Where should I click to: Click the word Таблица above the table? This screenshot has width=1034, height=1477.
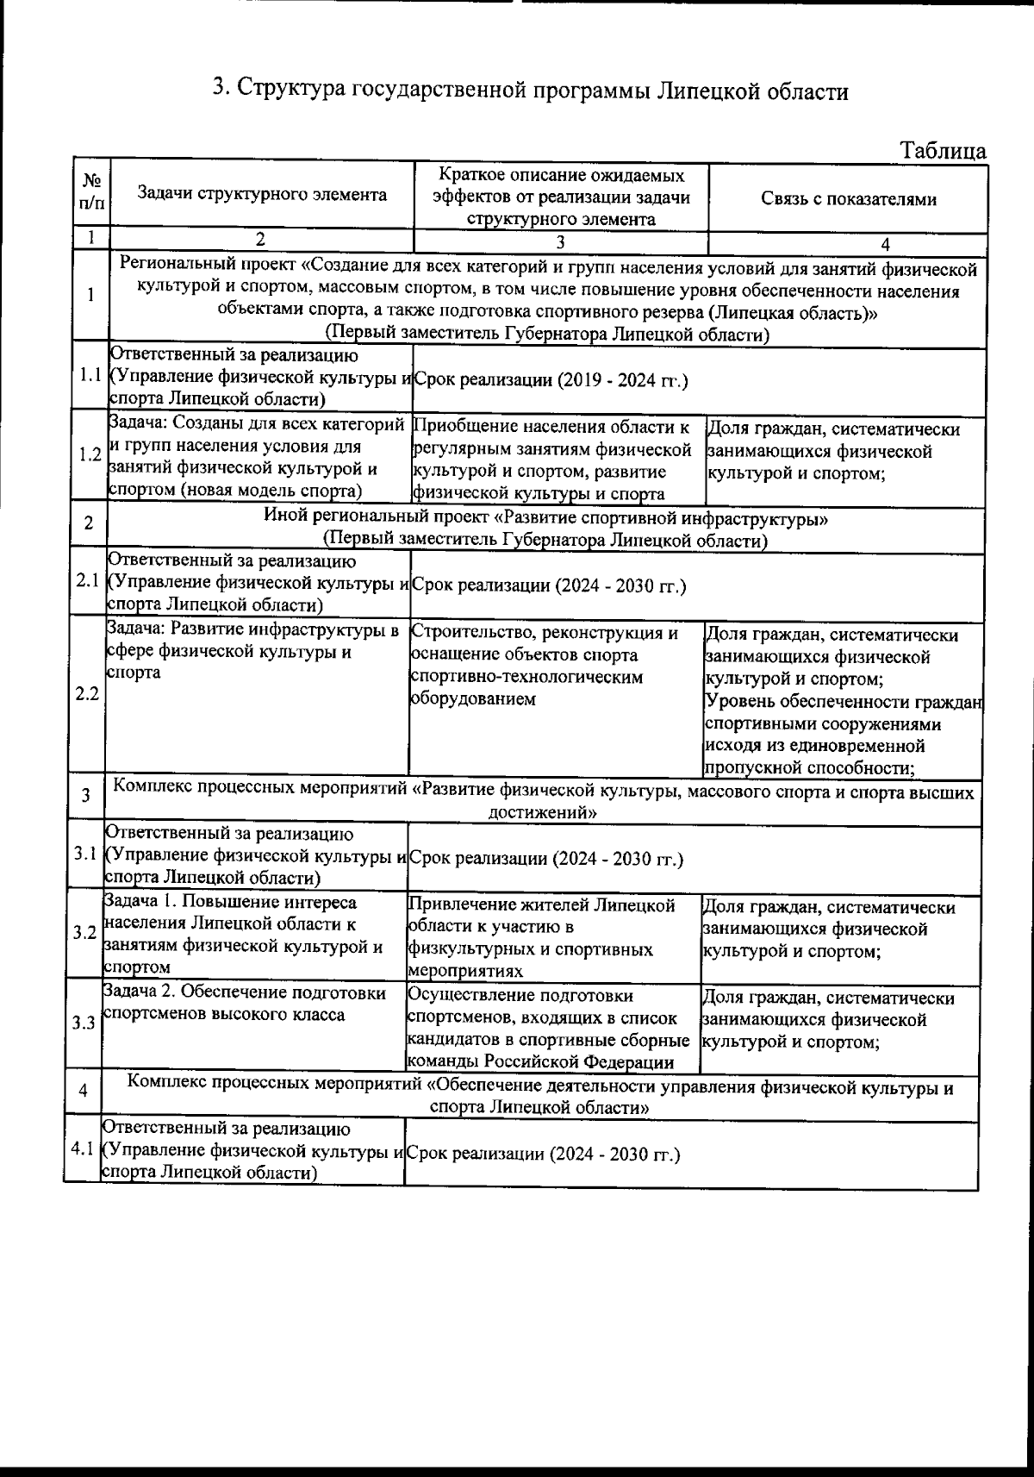[x=943, y=151]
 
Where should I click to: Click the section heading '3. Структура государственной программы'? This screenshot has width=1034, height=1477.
[x=530, y=90]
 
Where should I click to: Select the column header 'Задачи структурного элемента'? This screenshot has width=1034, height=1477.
[x=262, y=195]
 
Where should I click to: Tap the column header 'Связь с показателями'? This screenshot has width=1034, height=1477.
[x=848, y=199]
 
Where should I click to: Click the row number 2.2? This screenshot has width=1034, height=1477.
[x=86, y=694]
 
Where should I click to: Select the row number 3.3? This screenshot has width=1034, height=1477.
[x=84, y=1023]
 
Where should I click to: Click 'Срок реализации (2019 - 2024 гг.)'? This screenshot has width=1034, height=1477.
[x=550, y=380]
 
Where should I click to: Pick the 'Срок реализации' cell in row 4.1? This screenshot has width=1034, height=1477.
[x=542, y=1154]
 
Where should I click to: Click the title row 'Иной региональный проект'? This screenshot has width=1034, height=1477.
[x=545, y=530]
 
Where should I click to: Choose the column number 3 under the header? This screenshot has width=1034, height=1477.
[x=560, y=241]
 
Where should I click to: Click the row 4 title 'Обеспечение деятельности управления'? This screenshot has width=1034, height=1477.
[x=540, y=1097]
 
